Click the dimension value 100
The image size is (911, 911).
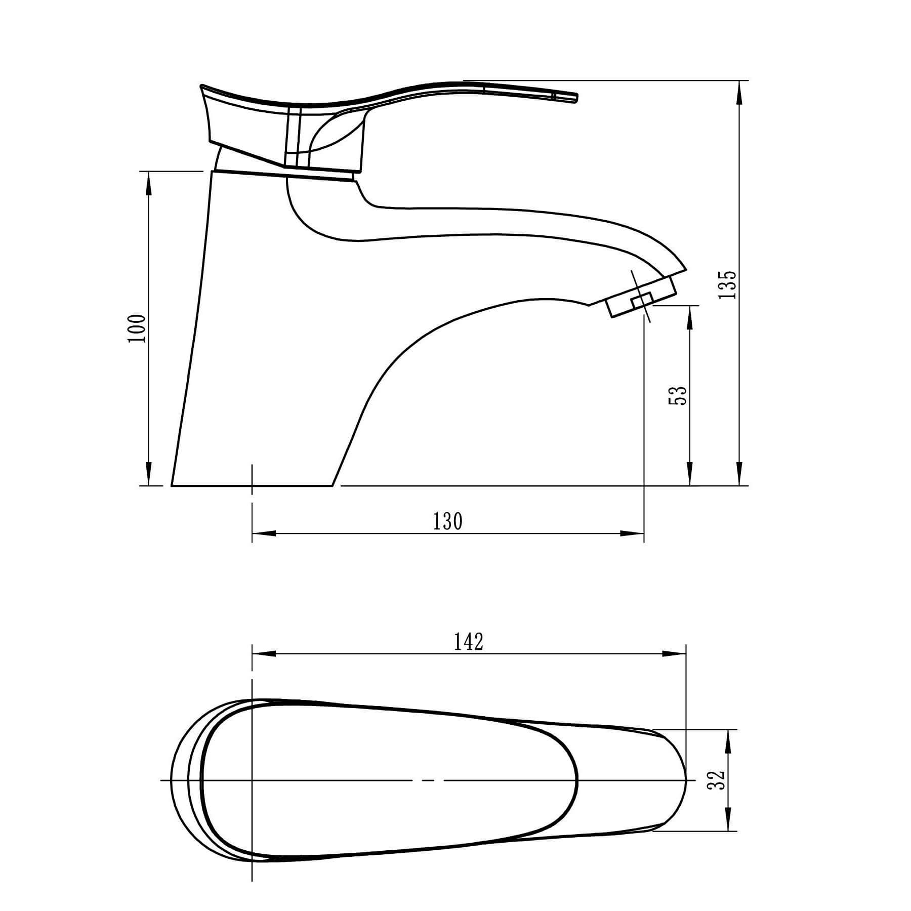pos(137,328)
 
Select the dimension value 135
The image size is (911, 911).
pos(728,284)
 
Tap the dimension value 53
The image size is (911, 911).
pos(678,395)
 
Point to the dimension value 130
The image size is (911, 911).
pos(448,521)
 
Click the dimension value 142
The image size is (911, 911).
pos(469,642)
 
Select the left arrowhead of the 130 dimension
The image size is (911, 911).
pos(264,533)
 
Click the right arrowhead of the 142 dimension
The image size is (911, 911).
pos(674,653)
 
